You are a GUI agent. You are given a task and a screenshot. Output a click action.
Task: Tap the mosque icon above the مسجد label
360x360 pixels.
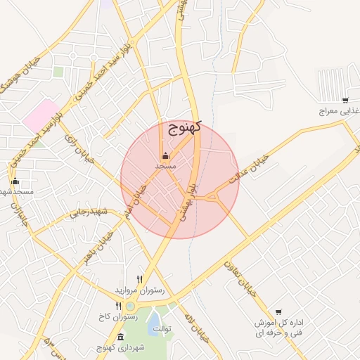tap(165, 155)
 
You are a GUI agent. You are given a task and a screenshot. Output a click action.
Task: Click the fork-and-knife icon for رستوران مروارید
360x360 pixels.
tap(139, 279)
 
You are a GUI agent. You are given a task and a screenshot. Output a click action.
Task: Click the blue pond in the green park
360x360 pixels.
tap(154, 323)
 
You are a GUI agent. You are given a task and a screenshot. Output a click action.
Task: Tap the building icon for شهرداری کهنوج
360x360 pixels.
tap(101, 337)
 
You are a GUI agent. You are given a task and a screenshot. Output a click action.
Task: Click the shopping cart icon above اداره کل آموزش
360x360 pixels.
tap(278, 312)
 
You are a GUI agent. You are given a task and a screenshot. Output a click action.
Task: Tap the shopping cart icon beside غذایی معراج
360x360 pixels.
tap(345, 101)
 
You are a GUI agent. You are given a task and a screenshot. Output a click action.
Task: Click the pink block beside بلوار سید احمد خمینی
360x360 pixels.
tap(41, 115)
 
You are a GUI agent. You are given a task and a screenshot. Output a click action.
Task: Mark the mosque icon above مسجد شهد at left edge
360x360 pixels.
tap(15, 181)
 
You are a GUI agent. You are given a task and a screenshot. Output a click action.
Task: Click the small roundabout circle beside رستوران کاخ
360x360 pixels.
tap(130, 306)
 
